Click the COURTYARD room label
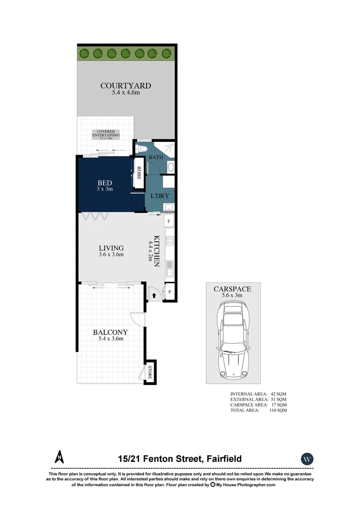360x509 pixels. [125, 86]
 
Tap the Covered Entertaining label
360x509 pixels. [106, 133]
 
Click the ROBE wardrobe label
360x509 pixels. [139, 173]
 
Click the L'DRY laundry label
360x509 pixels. [159, 196]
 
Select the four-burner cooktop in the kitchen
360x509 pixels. [170, 241]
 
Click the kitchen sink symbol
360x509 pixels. [170, 269]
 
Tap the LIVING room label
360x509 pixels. [111, 248]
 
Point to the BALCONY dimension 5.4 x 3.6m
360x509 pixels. [111, 338]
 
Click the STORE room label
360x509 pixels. [150, 372]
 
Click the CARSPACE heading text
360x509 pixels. [232, 289]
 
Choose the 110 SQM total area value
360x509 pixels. [278, 410]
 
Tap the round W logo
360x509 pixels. [307, 459]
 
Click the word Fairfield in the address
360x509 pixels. [222, 459]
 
